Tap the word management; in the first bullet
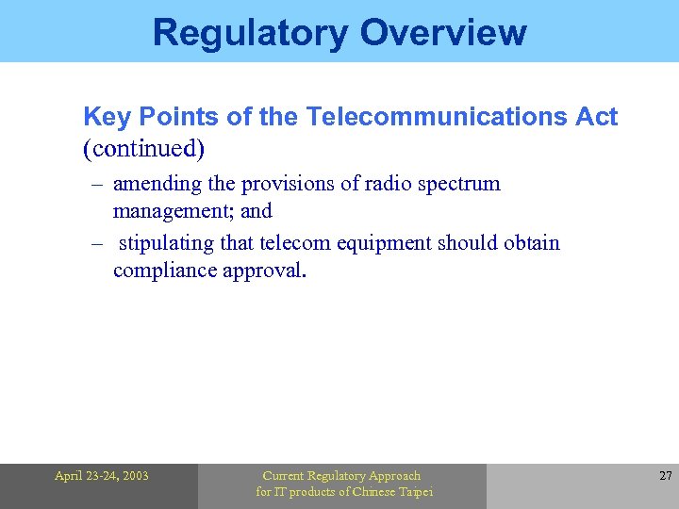[173, 211]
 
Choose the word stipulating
[167, 243]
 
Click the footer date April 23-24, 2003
[101, 476]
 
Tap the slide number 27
[664, 476]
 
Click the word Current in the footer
[283, 476]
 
